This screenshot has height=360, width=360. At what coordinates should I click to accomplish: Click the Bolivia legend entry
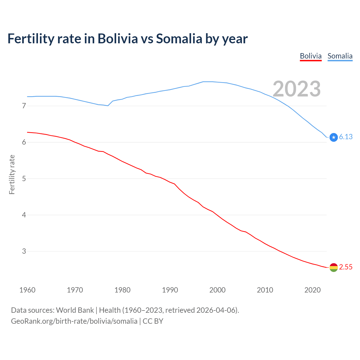pos(310,56)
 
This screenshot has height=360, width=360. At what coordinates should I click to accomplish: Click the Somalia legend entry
pos(340,56)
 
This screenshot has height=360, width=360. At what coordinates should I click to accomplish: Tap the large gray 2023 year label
pos(297,89)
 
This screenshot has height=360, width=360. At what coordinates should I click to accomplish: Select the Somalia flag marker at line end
pos(334,137)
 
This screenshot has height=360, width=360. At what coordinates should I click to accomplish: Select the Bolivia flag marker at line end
pos(334,267)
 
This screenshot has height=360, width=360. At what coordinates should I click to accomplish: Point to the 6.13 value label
pos(346,137)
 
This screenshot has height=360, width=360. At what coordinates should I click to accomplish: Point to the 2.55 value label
pos(346,267)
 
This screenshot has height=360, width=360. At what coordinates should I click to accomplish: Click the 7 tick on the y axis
pos(24,106)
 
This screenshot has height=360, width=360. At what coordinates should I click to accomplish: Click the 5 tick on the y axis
pos(24,179)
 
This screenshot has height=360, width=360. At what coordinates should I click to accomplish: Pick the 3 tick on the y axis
pos(24,251)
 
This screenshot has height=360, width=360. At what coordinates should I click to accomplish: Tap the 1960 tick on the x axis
pos(27,290)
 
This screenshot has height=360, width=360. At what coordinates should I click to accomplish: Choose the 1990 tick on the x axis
pos(170,290)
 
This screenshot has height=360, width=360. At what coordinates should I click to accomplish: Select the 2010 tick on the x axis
pos(265,290)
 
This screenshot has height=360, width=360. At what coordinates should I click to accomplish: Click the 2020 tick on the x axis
pos(312,290)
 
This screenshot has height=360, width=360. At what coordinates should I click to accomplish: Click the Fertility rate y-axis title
pos(12,174)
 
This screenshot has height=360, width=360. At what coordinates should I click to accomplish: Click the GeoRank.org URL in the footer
pos(74,321)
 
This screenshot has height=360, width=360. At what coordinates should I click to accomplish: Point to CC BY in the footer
pos(153,321)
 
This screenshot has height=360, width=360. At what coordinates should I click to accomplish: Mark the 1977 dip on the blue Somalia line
pos(108,106)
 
